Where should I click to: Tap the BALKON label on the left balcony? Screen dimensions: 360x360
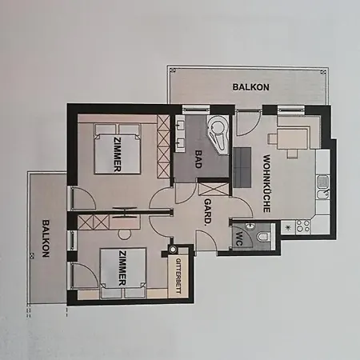pos(46,238)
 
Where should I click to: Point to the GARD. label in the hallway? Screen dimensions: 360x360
pos(207,213)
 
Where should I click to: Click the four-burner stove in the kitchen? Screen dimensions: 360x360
pos(304,225)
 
